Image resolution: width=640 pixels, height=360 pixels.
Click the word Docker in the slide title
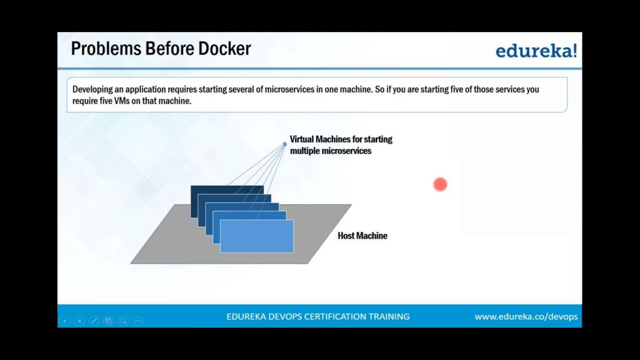click(x=224, y=49)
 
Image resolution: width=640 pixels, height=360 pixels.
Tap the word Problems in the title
click(x=106, y=49)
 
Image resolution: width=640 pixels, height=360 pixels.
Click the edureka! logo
click(x=536, y=51)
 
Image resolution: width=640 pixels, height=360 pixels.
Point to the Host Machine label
click(x=362, y=236)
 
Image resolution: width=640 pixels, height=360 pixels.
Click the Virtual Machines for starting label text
click(x=341, y=139)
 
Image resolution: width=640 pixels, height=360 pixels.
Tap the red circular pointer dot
click(x=440, y=184)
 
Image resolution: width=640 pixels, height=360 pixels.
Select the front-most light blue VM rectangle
click(x=257, y=236)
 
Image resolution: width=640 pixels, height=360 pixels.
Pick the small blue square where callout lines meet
click(x=284, y=144)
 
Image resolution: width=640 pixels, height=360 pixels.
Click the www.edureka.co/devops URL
click(x=526, y=317)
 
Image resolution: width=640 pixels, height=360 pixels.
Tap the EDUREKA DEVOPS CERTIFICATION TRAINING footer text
click(x=318, y=317)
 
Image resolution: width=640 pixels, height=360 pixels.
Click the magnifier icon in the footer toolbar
click(x=123, y=321)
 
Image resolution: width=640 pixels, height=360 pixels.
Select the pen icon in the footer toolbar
click(x=94, y=321)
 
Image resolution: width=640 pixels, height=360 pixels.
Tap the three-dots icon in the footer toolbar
click(x=138, y=321)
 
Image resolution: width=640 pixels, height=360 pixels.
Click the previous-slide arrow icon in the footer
click(x=65, y=321)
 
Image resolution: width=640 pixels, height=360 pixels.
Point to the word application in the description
click(x=145, y=89)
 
